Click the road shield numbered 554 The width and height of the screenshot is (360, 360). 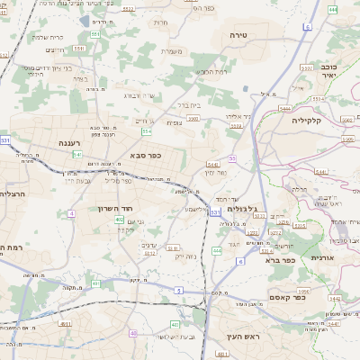pos(146,131)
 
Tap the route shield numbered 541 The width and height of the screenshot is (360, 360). pos(77,155)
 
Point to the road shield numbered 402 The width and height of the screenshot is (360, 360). pos(120,220)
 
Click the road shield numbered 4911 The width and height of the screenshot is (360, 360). pos(65,324)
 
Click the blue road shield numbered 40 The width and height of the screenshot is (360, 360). pos(133,333)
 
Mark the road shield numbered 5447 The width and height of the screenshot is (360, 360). pos(214,165)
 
